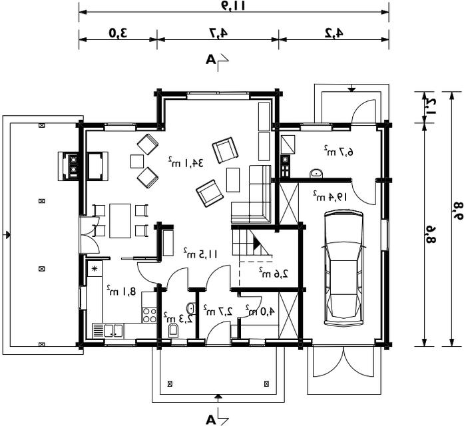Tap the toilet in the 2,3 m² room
pos(173,331)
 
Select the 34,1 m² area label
pos(186,162)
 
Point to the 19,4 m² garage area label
pos(330,196)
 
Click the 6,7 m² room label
pos(338,151)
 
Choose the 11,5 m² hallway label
pos(200,253)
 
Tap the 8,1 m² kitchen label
pos(121,290)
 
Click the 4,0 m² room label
pos(260,310)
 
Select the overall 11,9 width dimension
pos(234,6)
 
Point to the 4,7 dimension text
pos(218,33)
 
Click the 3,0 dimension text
pos(118,33)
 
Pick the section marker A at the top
pos(210,60)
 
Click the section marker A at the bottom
pos(210,420)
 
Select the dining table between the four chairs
pos(120,221)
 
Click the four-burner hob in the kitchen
pos(149,316)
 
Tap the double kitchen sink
pos(108,331)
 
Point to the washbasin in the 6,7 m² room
pos(316,173)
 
